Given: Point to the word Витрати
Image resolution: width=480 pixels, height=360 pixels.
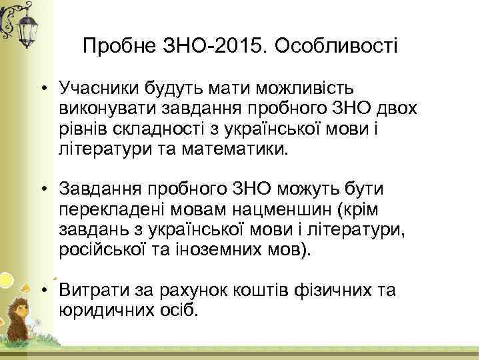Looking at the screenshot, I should coord(88,291).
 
